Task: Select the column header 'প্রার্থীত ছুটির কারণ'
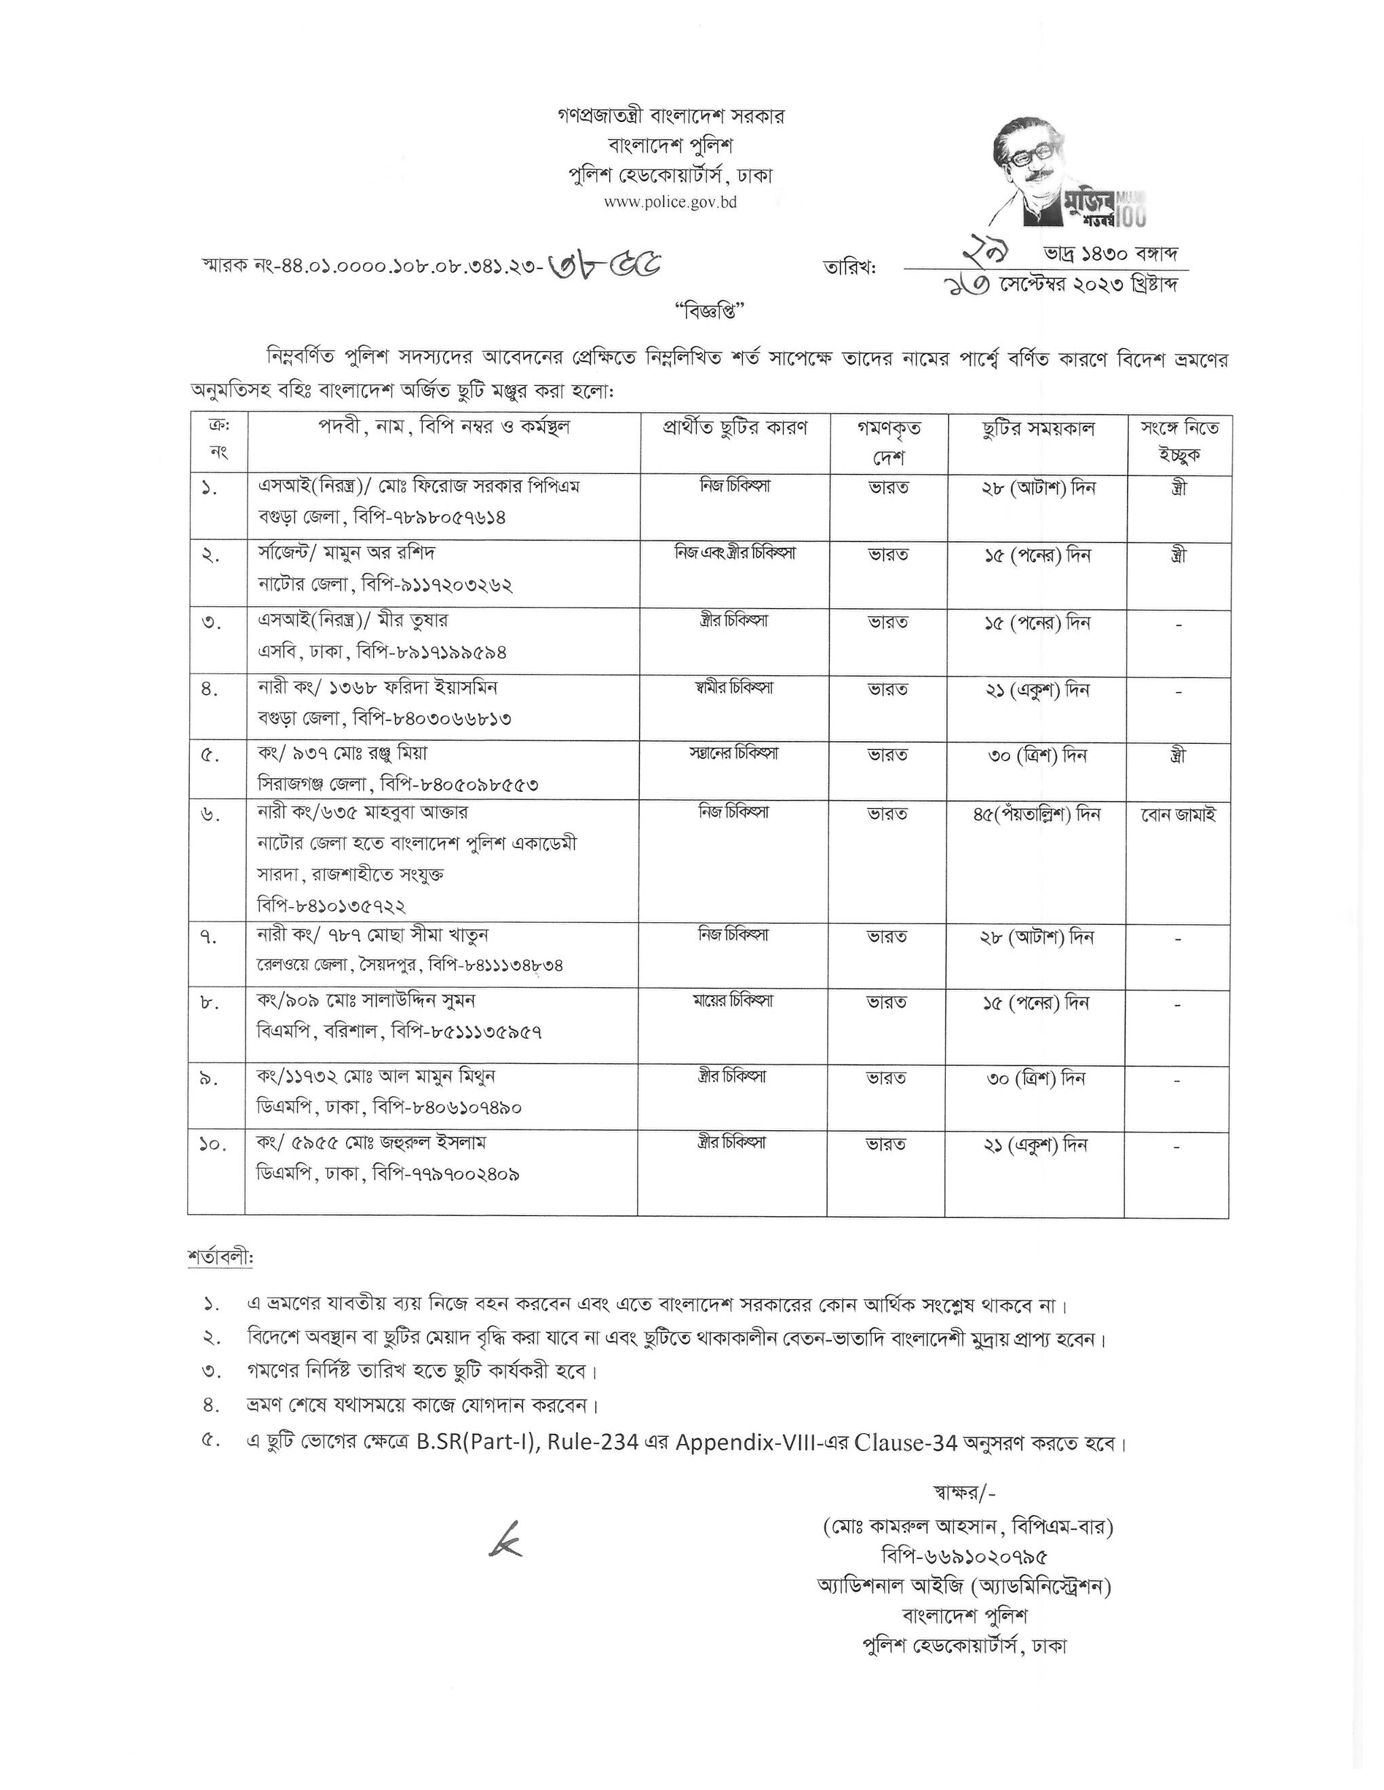pos(735,428)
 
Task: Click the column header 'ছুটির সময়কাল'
pos(1037,429)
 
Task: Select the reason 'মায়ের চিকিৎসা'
pos(733,1001)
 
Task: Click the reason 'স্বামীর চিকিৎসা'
pos(733,688)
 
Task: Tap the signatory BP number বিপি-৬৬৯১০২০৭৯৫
pos(964,1556)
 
